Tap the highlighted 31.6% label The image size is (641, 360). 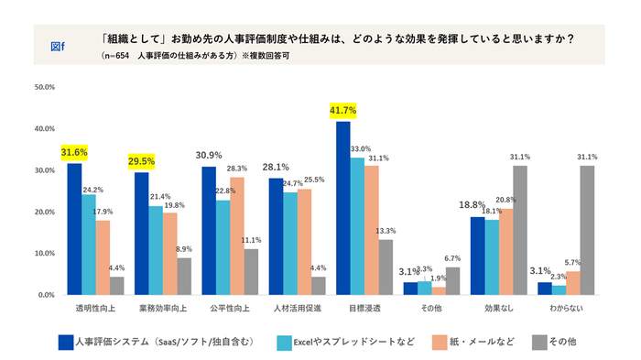(x=74, y=151)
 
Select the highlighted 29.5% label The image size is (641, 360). (x=141, y=160)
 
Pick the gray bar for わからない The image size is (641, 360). (x=586, y=230)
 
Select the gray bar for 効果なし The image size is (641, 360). (x=520, y=230)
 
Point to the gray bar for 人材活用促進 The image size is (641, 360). (x=318, y=286)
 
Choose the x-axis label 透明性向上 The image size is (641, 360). (x=94, y=310)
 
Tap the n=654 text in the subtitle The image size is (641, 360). (x=118, y=56)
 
